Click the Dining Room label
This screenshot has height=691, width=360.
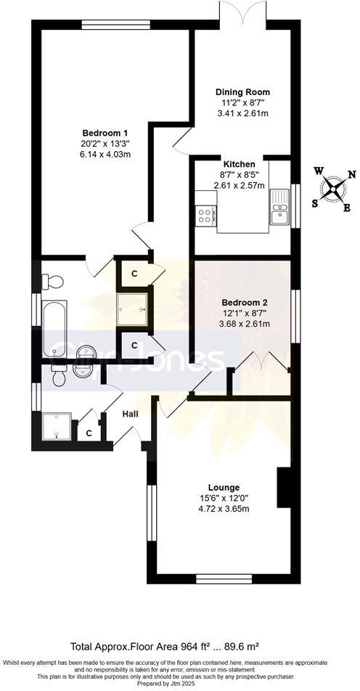point(242,92)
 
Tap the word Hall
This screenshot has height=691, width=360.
point(130,414)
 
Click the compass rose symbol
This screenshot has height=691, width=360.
point(333,189)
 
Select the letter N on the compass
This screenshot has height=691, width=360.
point(352,174)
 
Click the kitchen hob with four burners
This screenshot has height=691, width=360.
point(205,214)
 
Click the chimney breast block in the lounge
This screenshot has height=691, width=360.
point(284,488)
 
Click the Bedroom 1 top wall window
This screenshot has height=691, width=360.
point(116,25)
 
